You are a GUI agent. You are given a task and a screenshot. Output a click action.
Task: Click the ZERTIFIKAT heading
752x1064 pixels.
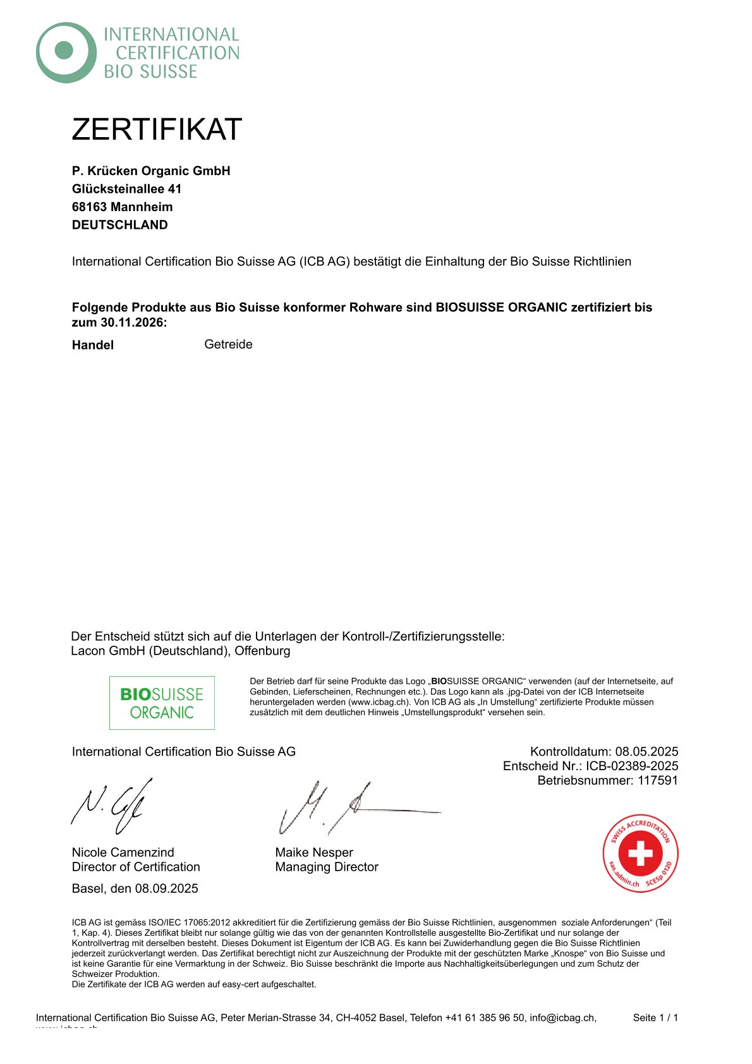click(157, 130)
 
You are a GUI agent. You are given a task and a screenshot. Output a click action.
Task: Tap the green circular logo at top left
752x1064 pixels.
click(65, 52)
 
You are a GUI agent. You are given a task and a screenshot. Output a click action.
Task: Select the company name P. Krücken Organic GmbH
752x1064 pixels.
click(151, 171)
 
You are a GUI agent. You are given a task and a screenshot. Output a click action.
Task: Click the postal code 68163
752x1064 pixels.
click(89, 207)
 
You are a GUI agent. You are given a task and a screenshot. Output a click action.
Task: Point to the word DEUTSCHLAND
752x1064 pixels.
click(120, 225)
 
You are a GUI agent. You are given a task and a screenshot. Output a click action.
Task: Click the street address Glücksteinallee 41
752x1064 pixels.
click(126, 189)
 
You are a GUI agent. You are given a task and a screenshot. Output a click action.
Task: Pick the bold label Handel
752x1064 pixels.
click(93, 345)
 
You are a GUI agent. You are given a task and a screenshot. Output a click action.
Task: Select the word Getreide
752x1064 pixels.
click(228, 344)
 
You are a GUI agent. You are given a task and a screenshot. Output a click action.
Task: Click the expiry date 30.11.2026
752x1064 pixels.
click(131, 322)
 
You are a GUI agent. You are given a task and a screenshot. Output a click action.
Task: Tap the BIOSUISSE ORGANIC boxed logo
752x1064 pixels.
click(162, 703)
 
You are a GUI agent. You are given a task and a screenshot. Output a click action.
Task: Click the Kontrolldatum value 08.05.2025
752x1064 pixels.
click(646, 751)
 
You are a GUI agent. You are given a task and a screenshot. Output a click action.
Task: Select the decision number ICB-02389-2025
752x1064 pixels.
click(632, 766)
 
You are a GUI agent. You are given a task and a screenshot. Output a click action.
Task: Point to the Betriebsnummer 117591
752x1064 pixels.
click(657, 780)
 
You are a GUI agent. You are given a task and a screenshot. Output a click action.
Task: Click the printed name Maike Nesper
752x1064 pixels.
click(314, 852)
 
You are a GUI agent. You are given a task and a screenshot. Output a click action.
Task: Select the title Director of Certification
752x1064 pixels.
click(136, 867)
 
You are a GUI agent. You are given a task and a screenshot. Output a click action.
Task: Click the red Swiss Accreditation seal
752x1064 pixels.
click(640, 853)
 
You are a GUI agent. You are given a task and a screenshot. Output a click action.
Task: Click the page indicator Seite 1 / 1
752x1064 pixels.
click(655, 1017)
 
